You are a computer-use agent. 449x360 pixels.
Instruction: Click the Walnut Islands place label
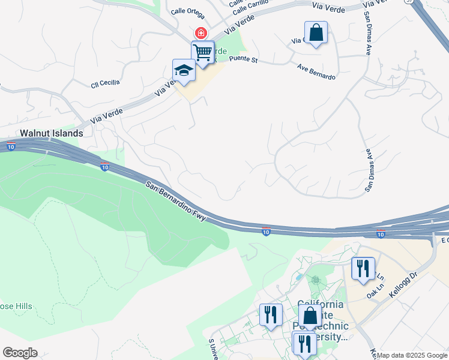(50, 133)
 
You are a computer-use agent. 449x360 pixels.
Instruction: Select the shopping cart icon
(203, 52)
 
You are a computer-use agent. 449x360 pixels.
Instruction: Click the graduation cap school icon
(184, 70)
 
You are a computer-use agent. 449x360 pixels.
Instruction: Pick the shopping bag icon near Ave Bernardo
(316, 32)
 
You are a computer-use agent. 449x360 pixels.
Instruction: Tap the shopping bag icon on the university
(310, 316)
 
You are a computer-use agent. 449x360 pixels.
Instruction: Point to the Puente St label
(243, 59)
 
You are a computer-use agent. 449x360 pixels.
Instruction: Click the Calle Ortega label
(187, 11)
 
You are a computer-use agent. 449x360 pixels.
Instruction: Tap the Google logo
(20, 353)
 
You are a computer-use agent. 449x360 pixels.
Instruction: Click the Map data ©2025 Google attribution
(412, 355)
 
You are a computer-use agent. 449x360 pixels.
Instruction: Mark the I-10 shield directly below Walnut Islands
(11, 146)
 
